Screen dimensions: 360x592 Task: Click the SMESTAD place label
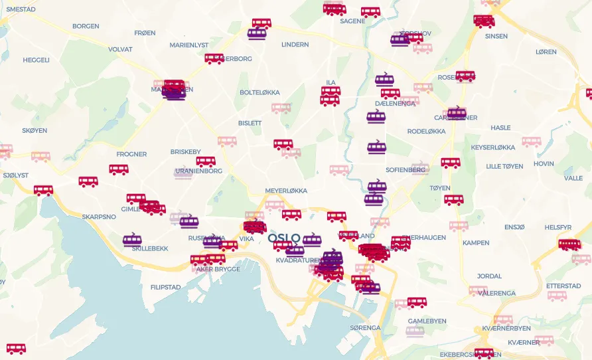21,9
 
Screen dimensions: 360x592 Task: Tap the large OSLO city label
284,238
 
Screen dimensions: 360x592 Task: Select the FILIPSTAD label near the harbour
165,287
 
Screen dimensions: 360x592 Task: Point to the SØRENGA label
365,327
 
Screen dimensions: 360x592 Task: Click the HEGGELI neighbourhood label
36,60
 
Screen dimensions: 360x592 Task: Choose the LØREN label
546,52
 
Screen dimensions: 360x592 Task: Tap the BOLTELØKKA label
259,92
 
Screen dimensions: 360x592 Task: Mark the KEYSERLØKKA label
492,147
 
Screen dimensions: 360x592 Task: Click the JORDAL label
489,276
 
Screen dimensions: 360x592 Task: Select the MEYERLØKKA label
286,191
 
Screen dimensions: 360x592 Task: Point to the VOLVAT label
120,49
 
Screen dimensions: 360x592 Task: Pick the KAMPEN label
476,242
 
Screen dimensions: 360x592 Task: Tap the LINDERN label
295,45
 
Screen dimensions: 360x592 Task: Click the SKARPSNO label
99,217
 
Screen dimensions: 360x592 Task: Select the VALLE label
573,178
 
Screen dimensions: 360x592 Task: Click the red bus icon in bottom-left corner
16,349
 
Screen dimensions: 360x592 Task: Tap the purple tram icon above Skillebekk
132,239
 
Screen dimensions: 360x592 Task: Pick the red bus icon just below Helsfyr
569,244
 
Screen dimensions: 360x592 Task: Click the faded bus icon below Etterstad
557,296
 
